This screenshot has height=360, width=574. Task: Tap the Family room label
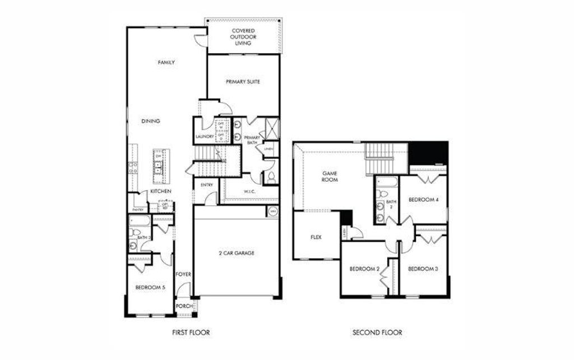tap(166, 62)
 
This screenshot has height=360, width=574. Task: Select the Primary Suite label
tap(243, 81)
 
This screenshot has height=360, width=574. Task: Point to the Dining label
tap(151, 121)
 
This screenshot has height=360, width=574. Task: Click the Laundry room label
tap(204, 136)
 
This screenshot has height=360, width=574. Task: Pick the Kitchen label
tap(160, 191)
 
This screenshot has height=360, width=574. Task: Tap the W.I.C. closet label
tap(250, 191)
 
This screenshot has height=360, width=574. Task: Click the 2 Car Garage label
tap(237, 253)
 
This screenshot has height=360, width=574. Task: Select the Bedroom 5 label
tap(150, 288)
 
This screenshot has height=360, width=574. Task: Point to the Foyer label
tap(183, 274)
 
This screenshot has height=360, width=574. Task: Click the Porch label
tap(184, 306)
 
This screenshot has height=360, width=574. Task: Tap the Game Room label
tap(329, 177)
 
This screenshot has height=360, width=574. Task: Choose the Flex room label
tap(316, 237)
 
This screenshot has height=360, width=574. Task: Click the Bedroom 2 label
tap(365, 269)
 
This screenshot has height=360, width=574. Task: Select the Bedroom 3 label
tap(423, 269)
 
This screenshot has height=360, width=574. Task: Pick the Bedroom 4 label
tap(423, 200)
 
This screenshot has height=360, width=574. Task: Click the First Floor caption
tap(191, 333)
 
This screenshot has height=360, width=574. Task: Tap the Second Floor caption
tap(377, 333)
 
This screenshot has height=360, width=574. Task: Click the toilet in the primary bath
tap(270, 177)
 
